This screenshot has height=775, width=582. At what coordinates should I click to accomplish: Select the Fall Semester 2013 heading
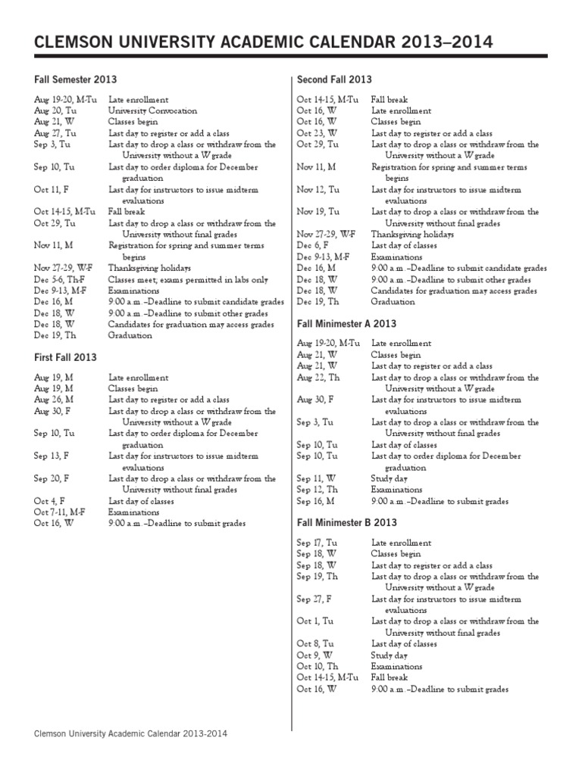(x=75, y=79)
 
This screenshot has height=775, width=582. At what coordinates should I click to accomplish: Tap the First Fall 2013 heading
(x=65, y=357)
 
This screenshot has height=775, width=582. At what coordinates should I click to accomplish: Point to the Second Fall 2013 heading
(x=334, y=79)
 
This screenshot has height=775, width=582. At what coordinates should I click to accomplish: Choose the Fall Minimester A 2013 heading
(x=346, y=323)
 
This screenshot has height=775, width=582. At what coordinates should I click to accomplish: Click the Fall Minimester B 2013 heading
(x=346, y=523)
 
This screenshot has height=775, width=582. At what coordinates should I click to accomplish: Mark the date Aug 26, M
(x=54, y=400)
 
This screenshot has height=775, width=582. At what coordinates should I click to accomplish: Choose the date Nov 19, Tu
(x=318, y=212)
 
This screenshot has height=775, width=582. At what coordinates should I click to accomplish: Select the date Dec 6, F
(x=313, y=245)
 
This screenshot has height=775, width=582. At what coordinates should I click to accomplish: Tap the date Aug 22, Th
(x=318, y=378)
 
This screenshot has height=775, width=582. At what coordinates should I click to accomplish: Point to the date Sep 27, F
(x=315, y=599)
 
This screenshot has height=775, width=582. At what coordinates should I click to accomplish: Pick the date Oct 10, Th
(x=318, y=667)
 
